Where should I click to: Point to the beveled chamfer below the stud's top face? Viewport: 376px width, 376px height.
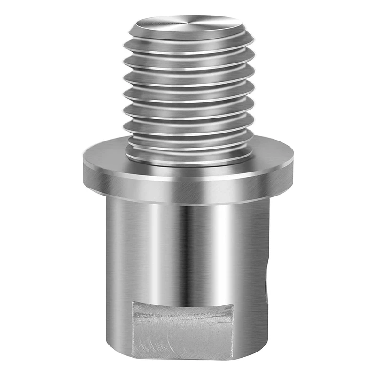[x=188, y=35]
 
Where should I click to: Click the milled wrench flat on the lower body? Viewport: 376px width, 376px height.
[x=183, y=329]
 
